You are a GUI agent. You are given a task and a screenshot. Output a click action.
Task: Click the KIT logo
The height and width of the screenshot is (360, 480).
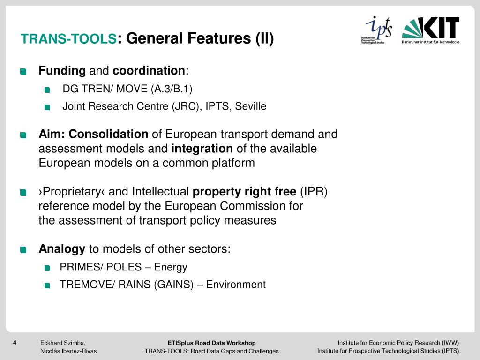[430, 30]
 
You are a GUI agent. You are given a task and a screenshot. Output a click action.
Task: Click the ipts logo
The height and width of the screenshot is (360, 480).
[378, 30]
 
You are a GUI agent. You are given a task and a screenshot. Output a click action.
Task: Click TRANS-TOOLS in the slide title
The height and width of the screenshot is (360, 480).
[68, 39]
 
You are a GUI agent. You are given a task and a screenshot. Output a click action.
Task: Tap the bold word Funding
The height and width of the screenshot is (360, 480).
[62, 71]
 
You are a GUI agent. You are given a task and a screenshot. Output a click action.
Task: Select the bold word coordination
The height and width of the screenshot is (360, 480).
[149, 71]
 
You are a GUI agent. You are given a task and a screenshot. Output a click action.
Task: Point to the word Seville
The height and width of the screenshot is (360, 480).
[250, 106]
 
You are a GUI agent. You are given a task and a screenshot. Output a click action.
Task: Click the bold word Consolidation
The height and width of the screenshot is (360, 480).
[108, 135]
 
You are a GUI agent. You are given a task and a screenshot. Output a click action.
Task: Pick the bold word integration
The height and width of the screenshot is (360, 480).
[202, 149]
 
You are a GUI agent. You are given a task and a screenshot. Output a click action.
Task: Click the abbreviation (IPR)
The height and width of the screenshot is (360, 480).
[314, 192]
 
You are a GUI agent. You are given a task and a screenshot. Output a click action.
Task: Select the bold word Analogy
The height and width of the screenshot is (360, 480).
[62, 249]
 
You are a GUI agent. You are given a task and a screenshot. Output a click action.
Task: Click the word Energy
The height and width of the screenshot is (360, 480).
[171, 267]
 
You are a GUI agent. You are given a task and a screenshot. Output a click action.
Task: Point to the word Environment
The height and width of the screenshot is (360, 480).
[236, 285]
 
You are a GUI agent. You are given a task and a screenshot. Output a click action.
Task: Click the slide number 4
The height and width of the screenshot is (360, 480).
[15, 343]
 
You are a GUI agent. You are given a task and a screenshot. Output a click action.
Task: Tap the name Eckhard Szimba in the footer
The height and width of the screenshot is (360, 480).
[62, 343]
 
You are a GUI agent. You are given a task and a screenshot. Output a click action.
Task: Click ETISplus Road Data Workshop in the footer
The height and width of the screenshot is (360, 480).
[211, 343]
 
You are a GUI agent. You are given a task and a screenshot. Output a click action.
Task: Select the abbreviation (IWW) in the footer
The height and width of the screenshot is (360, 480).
[450, 343]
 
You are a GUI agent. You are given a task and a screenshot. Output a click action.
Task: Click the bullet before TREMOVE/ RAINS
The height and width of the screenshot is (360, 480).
[47, 285]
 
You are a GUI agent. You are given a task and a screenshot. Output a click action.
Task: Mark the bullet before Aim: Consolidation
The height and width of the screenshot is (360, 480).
[23, 135]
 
